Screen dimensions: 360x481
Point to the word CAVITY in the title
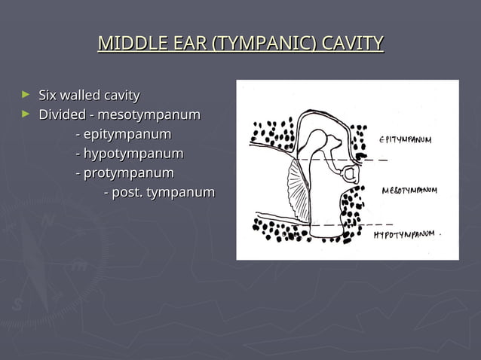click(352, 43)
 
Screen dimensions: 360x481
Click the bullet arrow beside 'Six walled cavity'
click(26, 95)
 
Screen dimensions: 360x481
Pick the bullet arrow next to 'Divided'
click(26, 114)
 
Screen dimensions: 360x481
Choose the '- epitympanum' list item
click(123, 135)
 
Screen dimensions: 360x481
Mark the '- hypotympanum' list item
click(129, 154)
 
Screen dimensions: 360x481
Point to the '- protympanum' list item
click(124, 173)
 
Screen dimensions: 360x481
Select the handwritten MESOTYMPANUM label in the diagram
click(409, 190)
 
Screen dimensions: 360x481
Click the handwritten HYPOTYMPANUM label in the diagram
click(405, 234)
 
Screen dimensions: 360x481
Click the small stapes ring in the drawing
click(351, 175)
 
